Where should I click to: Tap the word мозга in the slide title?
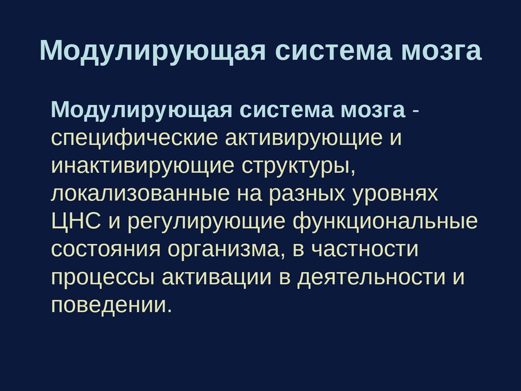click(441, 51)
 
